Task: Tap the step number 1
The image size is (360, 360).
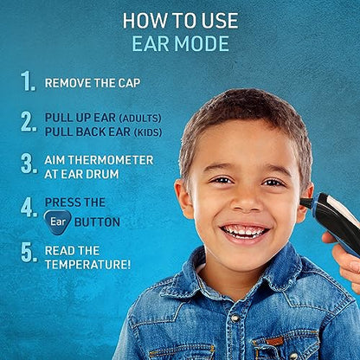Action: pos(28,81)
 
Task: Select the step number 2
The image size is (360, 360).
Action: pos(29,122)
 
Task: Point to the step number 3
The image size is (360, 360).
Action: pos(29,164)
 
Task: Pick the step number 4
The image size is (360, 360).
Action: pos(29,208)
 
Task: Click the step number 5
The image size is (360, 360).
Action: pos(29,253)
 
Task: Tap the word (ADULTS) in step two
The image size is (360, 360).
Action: pos(140,118)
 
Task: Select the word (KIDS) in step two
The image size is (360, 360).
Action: pos(148,132)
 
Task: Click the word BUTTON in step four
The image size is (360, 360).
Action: pos(97,222)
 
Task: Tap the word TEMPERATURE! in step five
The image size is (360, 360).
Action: pos(87,265)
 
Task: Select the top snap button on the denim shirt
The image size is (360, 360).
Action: pos(235,318)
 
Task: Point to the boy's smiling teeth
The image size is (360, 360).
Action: pos(245,231)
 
